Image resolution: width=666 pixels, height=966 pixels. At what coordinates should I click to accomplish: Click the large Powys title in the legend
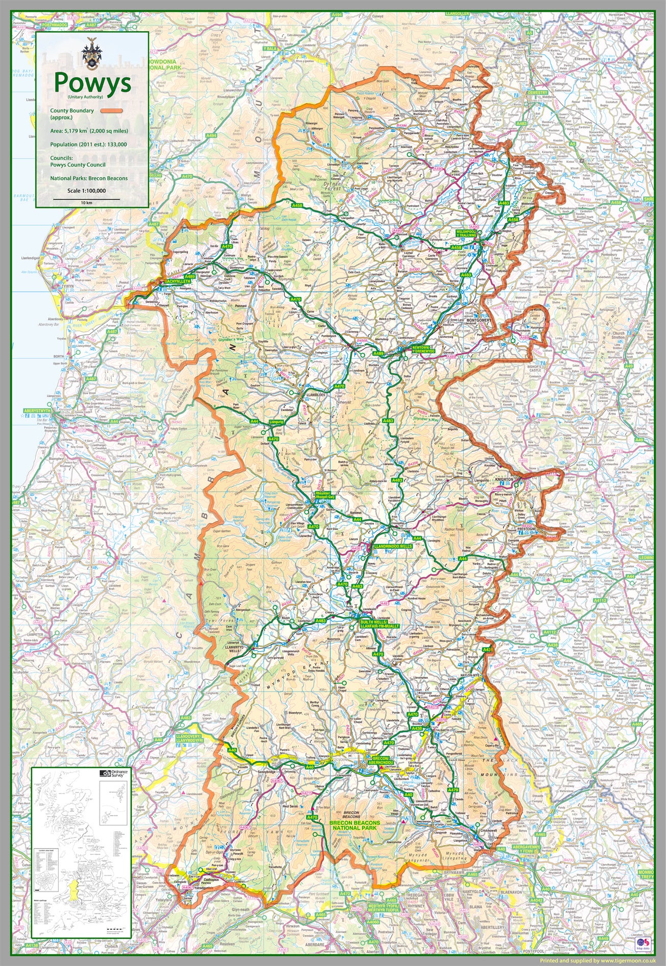92,82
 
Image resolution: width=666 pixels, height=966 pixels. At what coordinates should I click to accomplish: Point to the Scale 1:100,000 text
86,191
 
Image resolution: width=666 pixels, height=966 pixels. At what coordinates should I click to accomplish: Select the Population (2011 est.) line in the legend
88,144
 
